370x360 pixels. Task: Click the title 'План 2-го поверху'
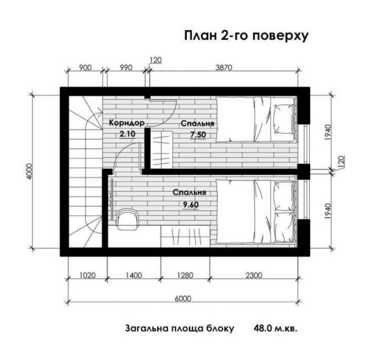click(x=246, y=36)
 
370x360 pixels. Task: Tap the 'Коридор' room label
click(x=127, y=123)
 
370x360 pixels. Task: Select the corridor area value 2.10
click(x=127, y=134)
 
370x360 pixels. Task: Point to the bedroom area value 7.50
click(x=198, y=135)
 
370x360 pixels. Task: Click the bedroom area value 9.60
click(x=191, y=205)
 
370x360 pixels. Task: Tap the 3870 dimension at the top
click(x=224, y=68)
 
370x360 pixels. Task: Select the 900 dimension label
click(x=85, y=68)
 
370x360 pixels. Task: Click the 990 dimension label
click(x=126, y=68)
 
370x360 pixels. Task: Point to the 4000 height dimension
click(x=30, y=171)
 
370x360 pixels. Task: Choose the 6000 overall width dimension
click(x=183, y=299)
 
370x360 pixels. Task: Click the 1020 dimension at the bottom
click(x=88, y=275)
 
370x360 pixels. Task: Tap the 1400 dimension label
click(x=134, y=275)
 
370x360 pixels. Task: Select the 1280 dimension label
click(x=185, y=275)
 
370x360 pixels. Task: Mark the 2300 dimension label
click(x=254, y=275)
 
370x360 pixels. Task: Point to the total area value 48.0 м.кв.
click(x=275, y=328)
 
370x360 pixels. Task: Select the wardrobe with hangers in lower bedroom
click(x=185, y=236)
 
